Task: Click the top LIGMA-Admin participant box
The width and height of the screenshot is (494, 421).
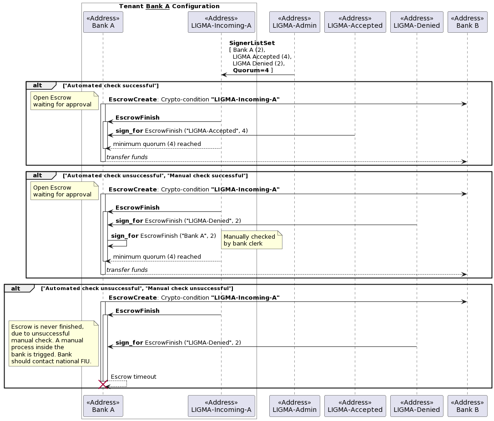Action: point(294,22)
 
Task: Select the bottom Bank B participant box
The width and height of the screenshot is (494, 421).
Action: point(467,406)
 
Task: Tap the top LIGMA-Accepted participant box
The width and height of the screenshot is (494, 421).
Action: point(355,22)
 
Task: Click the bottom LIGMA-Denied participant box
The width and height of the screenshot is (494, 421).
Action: point(417,406)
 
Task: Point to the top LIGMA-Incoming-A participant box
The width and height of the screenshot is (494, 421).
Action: point(221,22)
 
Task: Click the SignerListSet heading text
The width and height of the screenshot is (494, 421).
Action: point(252,43)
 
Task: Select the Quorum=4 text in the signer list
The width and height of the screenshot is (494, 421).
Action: point(251,70)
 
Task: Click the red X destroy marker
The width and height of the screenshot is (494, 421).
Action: point(103,385)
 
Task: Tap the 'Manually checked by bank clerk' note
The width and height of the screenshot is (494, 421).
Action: point(251,240)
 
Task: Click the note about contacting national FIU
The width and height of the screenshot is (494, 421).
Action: point(53,344)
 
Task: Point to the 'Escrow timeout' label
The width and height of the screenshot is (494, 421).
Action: point(133,377)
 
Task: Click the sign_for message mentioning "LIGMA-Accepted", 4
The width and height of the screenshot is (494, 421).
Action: point(181,131)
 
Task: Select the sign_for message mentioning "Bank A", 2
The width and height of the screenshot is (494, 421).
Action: point(163,236)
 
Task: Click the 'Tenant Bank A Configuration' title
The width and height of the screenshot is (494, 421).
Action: point(169,6)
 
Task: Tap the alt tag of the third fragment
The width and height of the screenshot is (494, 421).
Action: point(16,288)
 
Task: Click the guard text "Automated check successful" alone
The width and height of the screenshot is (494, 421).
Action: point(111,85)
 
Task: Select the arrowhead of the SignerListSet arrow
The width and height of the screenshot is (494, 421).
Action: point(224,75)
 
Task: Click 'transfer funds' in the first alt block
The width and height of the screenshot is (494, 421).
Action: point(127,157)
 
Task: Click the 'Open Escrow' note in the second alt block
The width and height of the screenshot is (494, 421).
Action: point(64,191)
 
